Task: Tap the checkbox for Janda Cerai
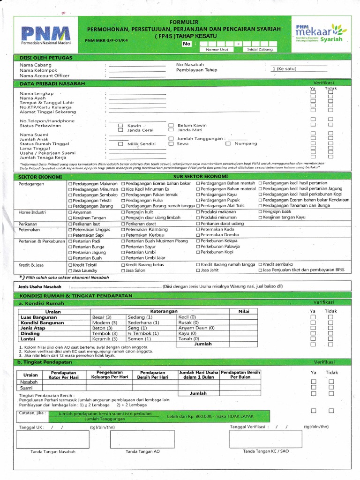click(x=120, y=130)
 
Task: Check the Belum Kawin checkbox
click(x=171, y=126)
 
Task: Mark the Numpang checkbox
click(x=228, y=144)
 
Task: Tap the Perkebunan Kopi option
click(x=216, y=252)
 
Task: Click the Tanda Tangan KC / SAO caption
click(x=265, y=451)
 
